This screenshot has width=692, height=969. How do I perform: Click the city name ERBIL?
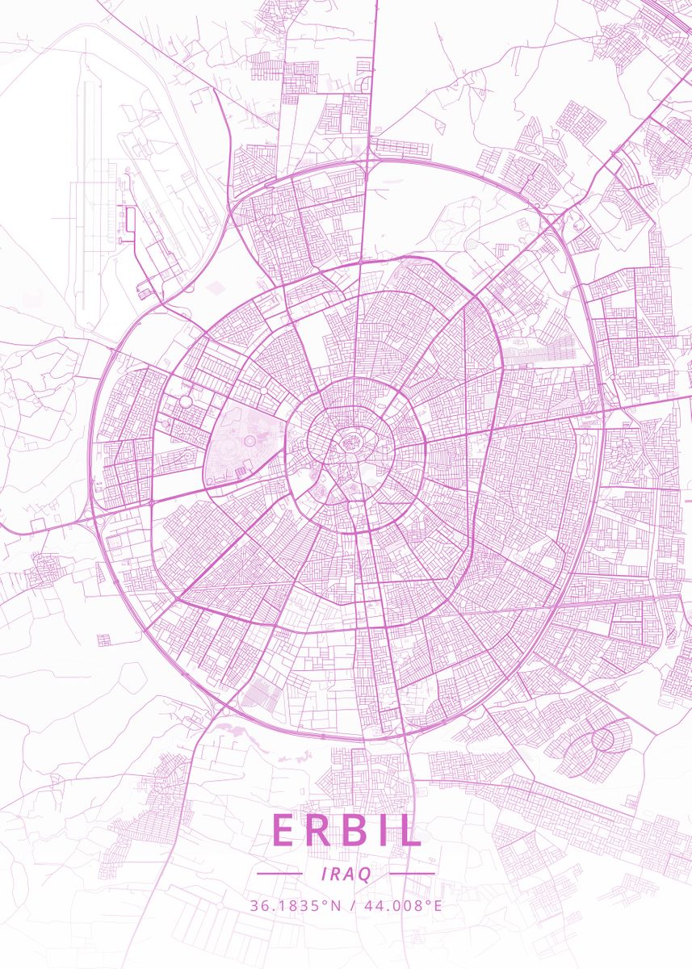pyautogui.click(x=346, y=832)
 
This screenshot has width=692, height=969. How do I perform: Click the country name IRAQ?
pyautogui.click(x=346, y=875)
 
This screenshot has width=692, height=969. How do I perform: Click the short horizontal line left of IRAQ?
pyautogui.click(x=279, y=874)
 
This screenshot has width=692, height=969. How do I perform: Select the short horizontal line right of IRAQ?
pyautogui.click(x=412, y=874)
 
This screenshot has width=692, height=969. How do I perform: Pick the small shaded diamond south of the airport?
pyautogui.click(x=216, y=287)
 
